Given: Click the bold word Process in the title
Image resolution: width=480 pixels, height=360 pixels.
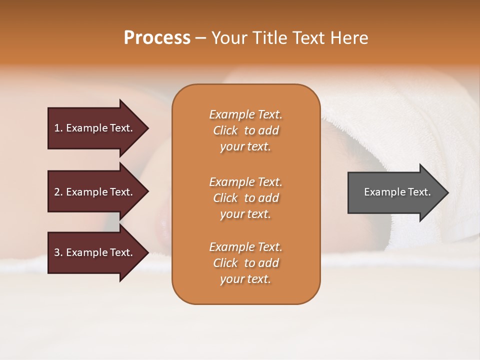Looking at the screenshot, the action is pos(157,38).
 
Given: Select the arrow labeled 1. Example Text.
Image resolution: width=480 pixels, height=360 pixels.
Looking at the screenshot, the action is pos(95,128).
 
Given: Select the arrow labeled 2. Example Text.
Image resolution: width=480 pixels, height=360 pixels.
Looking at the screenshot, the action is pos(95,192).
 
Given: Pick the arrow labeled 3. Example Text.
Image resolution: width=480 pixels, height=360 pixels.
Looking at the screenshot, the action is pos(95,252).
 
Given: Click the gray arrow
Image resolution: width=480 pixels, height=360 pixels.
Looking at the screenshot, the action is pos(395,192).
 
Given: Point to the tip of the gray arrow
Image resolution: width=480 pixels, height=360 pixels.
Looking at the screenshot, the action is pos(447,192).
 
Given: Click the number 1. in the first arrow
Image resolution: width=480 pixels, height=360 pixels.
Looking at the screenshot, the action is pos(58,128).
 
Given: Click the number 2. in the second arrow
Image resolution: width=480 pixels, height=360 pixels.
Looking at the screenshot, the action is pos(58,192).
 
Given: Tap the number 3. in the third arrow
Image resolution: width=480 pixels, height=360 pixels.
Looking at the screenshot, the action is pos(58,252).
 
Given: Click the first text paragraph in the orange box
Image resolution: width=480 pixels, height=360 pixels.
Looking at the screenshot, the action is pos(245,130).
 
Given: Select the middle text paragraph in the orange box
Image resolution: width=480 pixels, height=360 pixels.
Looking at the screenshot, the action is pos(245,198).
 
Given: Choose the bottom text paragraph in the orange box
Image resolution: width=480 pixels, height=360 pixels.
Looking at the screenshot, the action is pos(245,263).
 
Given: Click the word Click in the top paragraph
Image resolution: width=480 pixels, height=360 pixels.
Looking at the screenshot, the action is pos(225,130).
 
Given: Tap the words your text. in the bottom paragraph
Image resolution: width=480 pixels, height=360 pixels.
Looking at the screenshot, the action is pos(245,279).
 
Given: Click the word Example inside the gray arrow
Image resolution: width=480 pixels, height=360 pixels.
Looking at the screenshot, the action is pos(381,192).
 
